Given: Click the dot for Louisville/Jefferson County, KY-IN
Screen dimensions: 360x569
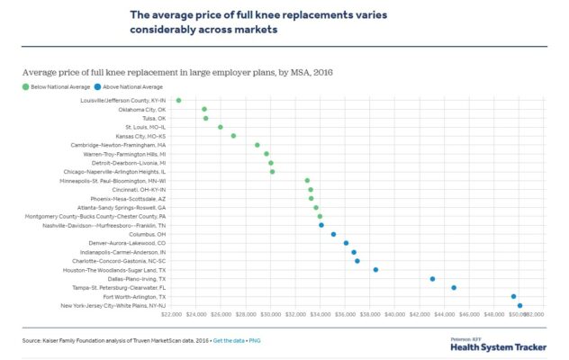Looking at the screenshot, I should tap(178, 100).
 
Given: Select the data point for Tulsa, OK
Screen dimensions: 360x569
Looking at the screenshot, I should tap(205, 118).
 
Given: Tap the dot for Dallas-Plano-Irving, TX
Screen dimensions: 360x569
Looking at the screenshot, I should tap(433, 279).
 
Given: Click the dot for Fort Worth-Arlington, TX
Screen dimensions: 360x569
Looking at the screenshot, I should tap(513, 296).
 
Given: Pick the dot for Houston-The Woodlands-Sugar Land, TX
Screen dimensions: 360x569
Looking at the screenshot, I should tap(375, 269).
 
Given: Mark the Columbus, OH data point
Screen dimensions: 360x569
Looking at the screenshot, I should tap(333, 234).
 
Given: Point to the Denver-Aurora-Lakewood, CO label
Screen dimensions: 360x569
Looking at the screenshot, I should tap(127, 243).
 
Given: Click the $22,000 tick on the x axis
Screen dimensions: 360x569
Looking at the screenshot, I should tap(171, 315).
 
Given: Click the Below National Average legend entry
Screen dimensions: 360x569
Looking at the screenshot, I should tap(50, 86).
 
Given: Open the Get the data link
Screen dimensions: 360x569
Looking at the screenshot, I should tap(230, 341).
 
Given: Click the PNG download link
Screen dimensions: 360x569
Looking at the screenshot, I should tap(256, 341).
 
